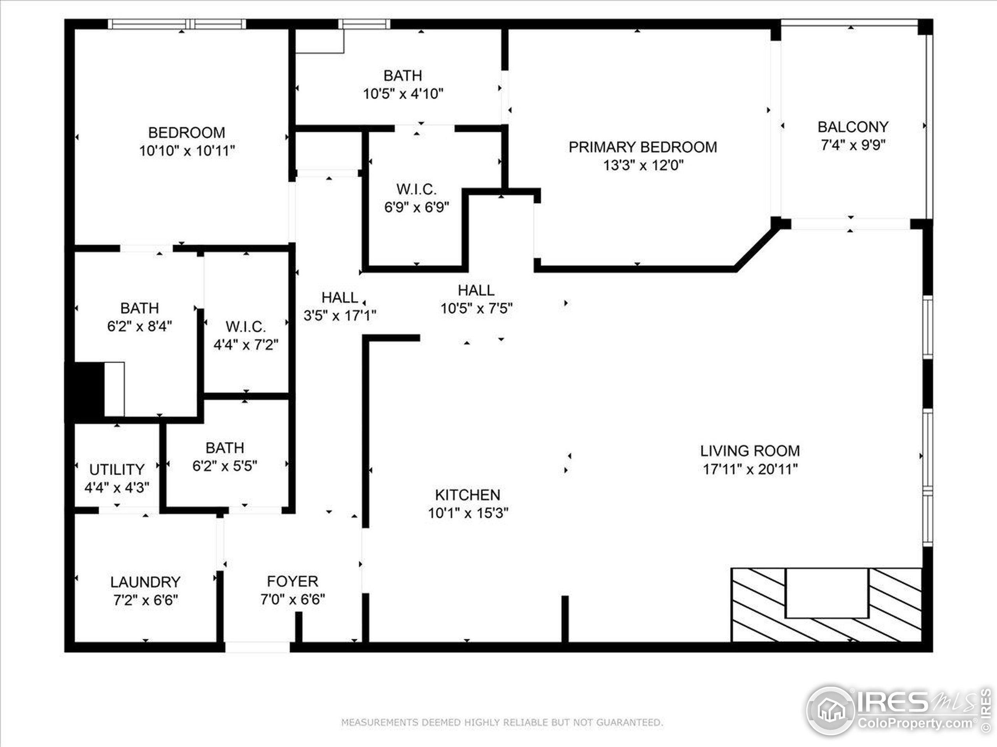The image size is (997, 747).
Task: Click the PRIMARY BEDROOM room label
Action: coord(642,147)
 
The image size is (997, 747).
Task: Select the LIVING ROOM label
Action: coord(750,451)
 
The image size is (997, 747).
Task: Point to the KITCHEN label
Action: coord(467,495)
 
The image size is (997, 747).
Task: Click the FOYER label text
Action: coord(292,581)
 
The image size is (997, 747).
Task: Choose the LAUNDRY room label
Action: coord(145,582)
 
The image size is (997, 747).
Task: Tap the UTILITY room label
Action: coord(117,470)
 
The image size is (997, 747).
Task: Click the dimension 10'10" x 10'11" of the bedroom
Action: coord(187,151)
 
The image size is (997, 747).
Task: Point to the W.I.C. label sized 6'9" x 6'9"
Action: coord(416,189)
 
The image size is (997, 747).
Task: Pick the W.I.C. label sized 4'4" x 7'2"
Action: coord(246,326)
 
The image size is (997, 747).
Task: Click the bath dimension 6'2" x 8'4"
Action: coord(139,326)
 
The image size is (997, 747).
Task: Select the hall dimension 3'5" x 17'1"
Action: coord(340,315)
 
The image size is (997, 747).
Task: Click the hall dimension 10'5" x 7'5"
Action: coord(476,309)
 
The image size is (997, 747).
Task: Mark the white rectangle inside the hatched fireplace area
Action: coord(827,593)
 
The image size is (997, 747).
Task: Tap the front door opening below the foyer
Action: coord(257,647)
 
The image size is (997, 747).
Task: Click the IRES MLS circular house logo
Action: coord(830,710)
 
